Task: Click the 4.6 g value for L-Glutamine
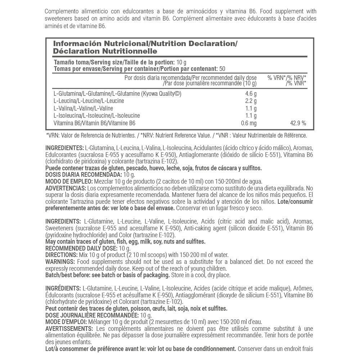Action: [251, 94]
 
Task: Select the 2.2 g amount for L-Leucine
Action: [251, 101]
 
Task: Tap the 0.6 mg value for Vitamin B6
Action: [249, 123]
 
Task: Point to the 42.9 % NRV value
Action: [298, 123]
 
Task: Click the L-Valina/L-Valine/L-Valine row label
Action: [83, 108]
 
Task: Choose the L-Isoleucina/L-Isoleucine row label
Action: [96, 116]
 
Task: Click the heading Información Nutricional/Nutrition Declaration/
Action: [145, 44]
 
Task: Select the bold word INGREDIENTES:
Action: [64, 148]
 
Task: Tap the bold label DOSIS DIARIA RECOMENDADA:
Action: [81, 175]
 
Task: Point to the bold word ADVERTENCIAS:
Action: [66, 188]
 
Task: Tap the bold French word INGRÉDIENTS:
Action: [63, 288]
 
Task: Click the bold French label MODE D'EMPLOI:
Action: [66, 321]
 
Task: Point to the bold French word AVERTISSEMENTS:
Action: [69, 329]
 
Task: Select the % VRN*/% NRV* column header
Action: [287, 78]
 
